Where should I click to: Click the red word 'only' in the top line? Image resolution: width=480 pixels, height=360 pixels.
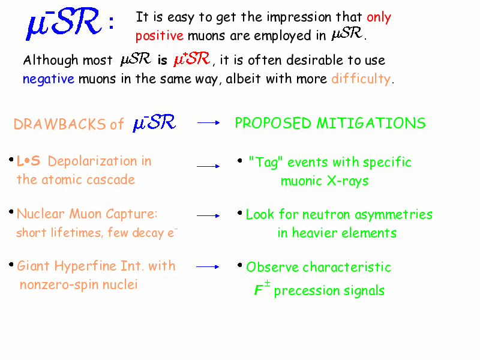click(379, 18)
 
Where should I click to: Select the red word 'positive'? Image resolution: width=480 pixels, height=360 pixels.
click(160, 36)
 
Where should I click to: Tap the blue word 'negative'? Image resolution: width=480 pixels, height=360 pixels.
click(49, 79)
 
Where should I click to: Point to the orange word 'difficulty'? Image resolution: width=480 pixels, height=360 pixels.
click(361, 79)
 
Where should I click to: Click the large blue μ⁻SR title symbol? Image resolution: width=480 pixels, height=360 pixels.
click(64, 23)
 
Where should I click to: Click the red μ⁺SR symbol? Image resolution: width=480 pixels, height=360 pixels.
click(192, 58)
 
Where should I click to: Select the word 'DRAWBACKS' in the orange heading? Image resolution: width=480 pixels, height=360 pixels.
click(59, 124)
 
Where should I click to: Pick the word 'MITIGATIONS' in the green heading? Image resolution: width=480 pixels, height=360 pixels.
click(371, 123)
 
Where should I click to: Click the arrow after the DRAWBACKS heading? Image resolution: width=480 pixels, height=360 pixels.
click(208, 123)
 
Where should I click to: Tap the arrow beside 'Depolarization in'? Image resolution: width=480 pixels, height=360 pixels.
click(208, 166)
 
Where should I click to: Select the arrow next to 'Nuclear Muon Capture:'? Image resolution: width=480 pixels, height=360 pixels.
click(208, 216)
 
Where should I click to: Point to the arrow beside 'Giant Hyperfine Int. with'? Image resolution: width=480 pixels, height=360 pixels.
click(208, 267)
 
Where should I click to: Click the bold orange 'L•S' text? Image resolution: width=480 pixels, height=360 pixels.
click(28, 161)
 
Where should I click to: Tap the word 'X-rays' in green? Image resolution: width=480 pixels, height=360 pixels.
click(347, 181)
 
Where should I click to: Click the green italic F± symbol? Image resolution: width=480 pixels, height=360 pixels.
click(262, 288)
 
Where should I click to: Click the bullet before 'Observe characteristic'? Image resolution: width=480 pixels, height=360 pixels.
click(240, 265)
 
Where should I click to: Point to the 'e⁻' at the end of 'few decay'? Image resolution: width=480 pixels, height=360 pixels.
click(173, 232)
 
